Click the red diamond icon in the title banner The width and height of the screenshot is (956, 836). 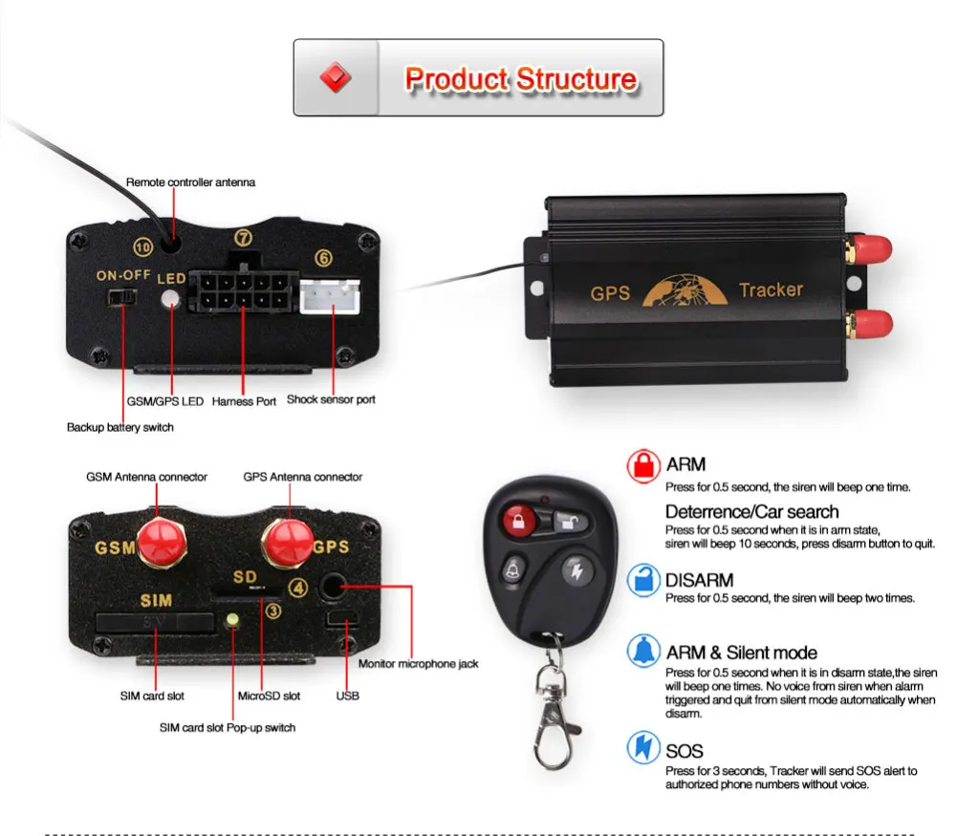click(x=336, y=78)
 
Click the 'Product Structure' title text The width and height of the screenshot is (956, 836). click(x=521, y=78)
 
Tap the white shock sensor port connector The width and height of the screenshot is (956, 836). click(x=331, y=296)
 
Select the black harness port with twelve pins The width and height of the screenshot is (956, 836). click(x=239, y=291)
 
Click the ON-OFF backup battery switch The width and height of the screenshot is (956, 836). click(x=119, y=298)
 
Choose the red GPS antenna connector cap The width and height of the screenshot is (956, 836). click(x=287, y=542)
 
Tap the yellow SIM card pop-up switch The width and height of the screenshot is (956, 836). click(x=231, y=622)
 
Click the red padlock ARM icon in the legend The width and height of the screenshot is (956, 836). click(x=642, y=466)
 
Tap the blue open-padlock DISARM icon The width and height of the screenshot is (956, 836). click(x=642, y=581)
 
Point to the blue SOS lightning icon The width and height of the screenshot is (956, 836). click(x=642, y=747)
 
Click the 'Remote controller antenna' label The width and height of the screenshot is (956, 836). click(x=191, y=182)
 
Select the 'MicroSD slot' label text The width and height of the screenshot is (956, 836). click(x=269, y=696)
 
